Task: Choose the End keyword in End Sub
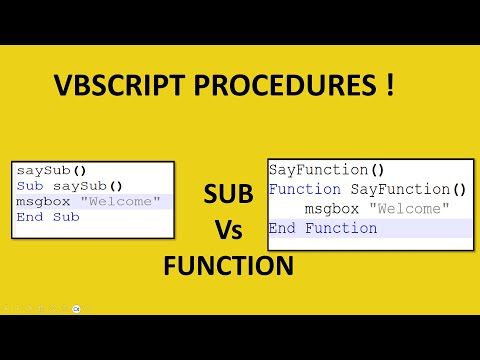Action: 28,217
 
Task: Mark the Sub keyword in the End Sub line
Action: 66,217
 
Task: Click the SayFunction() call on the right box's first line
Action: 326,170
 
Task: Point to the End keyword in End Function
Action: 284,228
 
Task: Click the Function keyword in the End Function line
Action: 341,228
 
